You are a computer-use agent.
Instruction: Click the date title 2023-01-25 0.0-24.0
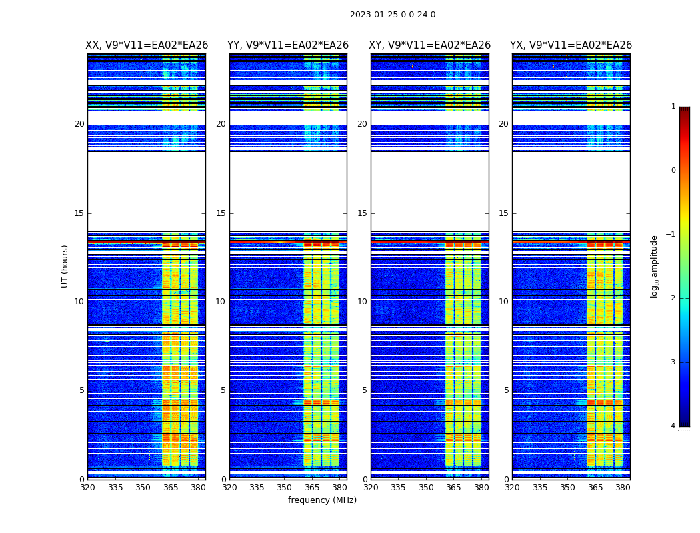coord(393,15)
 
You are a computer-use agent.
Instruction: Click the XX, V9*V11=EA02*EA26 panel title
coord(147,45)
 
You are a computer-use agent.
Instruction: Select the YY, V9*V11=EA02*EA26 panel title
coord(288,45)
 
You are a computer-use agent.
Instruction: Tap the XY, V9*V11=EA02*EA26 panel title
coord(430,45)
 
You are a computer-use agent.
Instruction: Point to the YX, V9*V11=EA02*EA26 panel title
coord(571,45)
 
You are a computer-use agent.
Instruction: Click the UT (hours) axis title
coord(65,266)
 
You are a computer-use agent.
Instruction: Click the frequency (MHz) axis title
coord(322,500)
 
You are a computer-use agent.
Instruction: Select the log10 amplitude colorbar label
coord(655,266)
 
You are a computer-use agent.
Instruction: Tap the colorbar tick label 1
coord(673,107)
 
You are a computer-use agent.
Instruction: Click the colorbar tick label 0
coord(673,171)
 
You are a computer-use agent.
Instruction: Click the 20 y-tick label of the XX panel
coord(79,124)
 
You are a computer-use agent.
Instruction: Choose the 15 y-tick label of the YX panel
coord(504,213)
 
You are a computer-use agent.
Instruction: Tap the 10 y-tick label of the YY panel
coord(221,302)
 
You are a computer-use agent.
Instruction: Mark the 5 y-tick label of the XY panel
coord(365,390)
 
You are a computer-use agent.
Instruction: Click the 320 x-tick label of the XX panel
coord(87,488)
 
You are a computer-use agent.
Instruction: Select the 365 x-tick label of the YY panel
coord(312,488)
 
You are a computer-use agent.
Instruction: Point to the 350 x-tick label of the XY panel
coord(426,488)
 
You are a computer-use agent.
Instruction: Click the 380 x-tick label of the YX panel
coord(623,488)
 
